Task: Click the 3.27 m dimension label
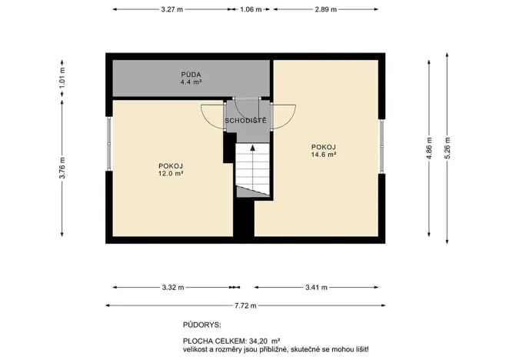pos(172,10)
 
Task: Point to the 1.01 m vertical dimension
pos(63,78)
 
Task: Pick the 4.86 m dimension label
pos(427,151)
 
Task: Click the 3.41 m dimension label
pos(314,288)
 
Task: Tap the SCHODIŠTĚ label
pos(245,121)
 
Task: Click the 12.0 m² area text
pos(170,174)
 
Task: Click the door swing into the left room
pos(213,117)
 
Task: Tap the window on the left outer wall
pos(109,142)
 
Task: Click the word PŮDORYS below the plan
pos(201,326)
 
